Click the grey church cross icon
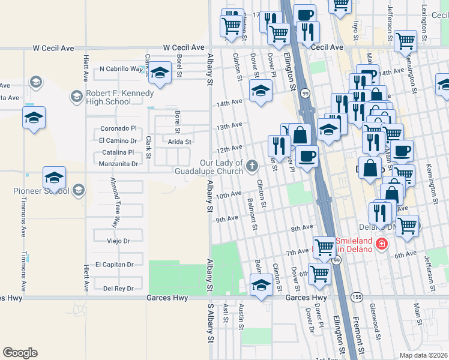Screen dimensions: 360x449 click(252, 164)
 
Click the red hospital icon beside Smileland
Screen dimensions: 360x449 click(381, 244)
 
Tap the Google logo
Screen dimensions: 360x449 click(20, 353)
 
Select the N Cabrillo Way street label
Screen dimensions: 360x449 click(122, 69)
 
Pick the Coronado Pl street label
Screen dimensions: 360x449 click(118, 128)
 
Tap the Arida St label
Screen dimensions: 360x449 click(179, 142)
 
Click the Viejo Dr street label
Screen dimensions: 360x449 click(118, 241)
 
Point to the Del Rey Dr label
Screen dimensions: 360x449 click(117, 288)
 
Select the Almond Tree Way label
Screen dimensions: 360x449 click(112, 203)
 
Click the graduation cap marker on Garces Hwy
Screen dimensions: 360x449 click(261, 285)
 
